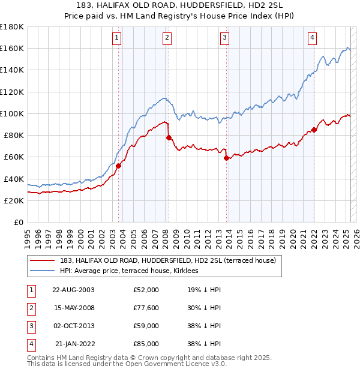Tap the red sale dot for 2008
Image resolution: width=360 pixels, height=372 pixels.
(x=169, y=137)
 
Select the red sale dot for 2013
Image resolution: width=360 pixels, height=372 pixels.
(x=226, y=158)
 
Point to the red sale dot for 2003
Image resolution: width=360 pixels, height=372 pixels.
(x=118, y=166)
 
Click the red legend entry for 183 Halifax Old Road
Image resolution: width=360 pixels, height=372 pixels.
(x=167, y=261)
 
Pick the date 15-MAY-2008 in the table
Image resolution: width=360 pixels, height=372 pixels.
(x=73, y=308)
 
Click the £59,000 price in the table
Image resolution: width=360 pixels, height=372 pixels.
(x=146, y=326)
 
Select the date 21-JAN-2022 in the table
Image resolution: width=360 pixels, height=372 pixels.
(x=74, y=344)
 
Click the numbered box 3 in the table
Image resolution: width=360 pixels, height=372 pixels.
(x=30, y=326)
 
